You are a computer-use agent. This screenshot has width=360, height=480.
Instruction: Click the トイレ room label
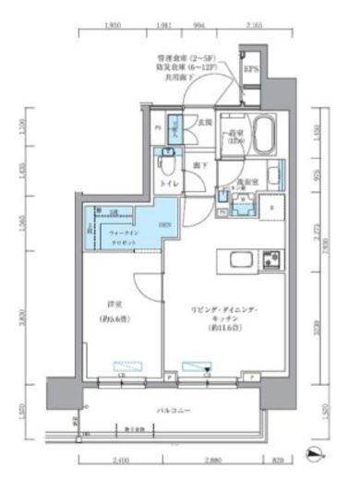pos(170,185)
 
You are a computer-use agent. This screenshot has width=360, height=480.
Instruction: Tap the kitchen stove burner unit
pos(270,258)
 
